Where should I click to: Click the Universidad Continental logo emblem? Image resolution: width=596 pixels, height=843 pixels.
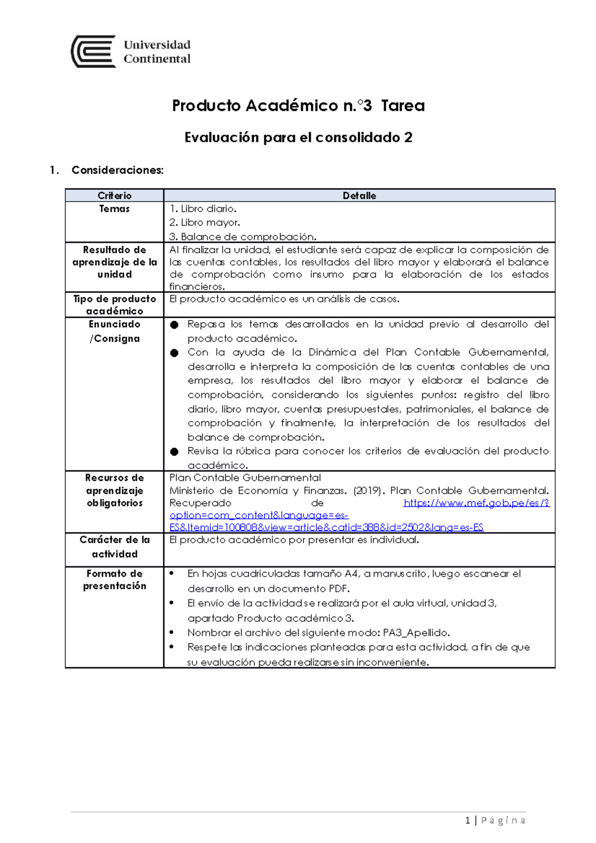94,52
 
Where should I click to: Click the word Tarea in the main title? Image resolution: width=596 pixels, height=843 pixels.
403,106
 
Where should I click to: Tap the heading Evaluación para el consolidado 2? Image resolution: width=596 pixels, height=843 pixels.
298,138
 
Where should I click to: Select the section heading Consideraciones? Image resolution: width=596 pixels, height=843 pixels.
117,170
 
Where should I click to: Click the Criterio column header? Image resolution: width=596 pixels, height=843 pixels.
114,196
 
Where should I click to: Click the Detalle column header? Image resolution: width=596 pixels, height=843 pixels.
359,196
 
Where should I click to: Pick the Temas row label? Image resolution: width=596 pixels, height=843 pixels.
114,209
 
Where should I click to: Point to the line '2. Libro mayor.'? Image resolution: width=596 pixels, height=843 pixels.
205,223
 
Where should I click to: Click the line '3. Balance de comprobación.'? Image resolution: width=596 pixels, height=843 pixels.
243,237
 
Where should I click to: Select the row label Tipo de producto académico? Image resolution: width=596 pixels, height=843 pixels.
114,305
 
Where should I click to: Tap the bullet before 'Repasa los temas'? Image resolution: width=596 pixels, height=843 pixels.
174,325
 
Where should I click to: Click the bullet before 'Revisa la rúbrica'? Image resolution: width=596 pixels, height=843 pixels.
174,452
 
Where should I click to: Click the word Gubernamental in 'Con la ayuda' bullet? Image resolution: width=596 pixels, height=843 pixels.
508,352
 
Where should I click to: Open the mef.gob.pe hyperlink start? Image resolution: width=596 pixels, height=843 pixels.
476,503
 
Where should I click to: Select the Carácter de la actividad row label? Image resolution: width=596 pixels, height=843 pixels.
114,547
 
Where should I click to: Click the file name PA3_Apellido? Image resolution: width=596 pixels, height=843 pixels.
416,633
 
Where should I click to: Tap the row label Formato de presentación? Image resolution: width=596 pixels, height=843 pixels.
114,580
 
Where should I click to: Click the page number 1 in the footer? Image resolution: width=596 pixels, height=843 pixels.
467,821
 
